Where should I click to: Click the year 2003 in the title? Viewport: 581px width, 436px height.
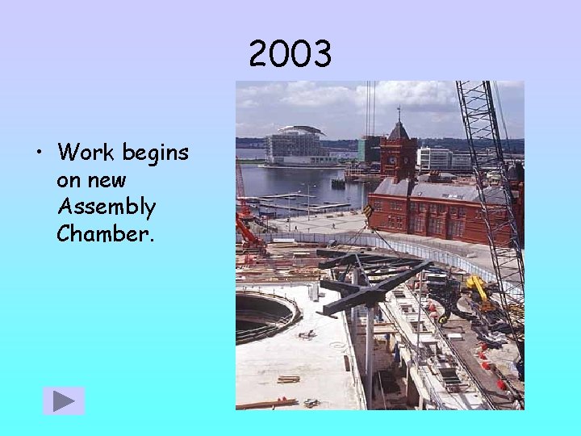click(290, 55)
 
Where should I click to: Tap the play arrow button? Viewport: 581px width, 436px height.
click(64, 401)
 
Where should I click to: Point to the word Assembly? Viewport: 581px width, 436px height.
click(106, 207)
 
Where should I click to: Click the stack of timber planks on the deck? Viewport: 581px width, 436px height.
click(288, 379)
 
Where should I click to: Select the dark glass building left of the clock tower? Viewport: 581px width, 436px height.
click(370, 149)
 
